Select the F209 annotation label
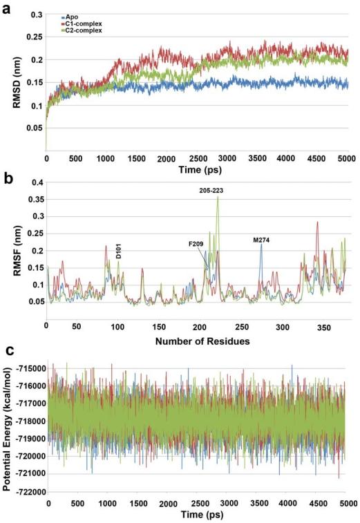198,244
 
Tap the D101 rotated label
119,253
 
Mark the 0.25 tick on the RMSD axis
33,37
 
